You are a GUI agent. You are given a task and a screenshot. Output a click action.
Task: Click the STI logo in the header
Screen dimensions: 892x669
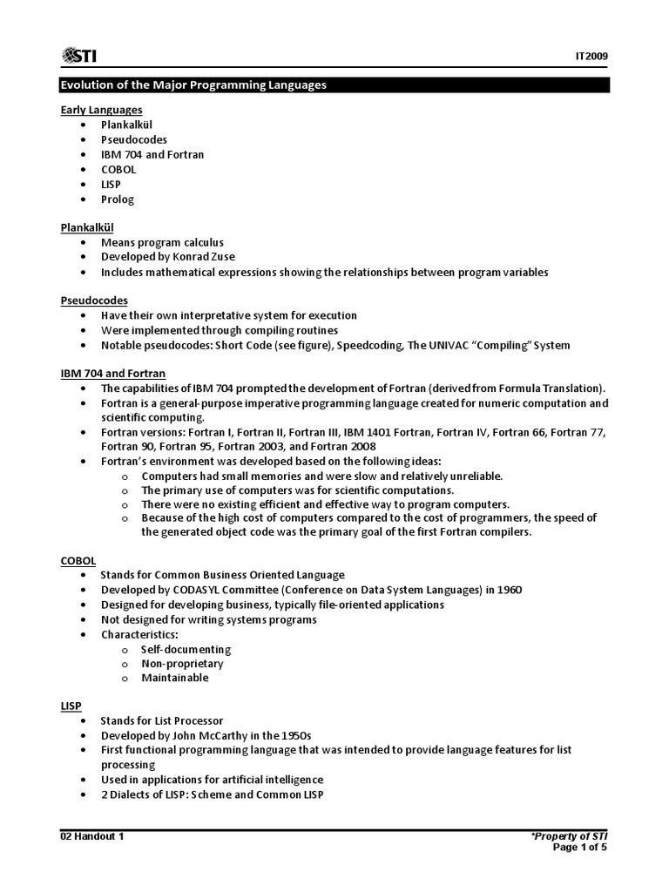click(x=78, y=57)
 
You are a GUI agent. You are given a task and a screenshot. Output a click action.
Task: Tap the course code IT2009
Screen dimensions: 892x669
click(x=591, y=57)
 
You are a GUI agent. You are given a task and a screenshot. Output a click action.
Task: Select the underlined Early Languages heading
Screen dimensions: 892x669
click(x=101, y=110)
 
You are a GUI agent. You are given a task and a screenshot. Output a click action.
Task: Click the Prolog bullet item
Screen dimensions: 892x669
click(x=117, y=199)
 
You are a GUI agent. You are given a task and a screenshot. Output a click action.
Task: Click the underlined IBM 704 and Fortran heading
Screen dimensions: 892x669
click(x=112, y=374)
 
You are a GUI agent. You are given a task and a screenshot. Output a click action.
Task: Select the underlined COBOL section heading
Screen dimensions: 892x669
click(x=78, y=560)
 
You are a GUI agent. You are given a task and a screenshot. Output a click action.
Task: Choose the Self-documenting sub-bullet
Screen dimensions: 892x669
click(x=186, y=649)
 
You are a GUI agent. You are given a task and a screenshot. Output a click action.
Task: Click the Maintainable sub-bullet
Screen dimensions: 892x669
click(x=174, y=678)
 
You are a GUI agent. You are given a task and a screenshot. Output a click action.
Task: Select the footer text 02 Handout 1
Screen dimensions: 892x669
click(x=91, y=837)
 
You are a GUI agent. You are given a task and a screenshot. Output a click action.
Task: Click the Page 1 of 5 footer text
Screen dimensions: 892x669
click(x=580, y=849)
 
